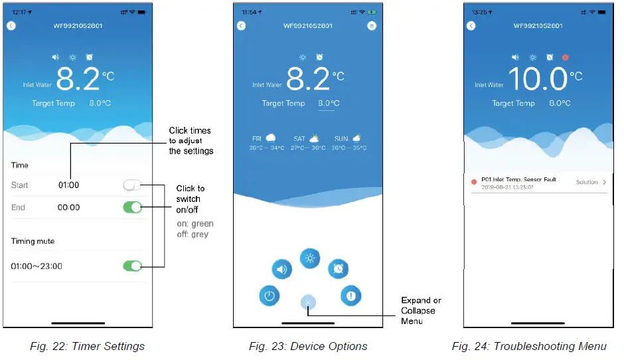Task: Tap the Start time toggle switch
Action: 133,185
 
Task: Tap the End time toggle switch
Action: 133,207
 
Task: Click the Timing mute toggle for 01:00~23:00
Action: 133,266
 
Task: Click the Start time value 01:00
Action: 68,185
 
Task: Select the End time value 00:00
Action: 68,207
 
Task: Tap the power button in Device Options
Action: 269,296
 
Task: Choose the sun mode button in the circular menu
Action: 309,258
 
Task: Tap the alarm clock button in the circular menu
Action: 339,268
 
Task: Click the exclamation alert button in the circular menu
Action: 351,295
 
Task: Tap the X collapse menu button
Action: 309,302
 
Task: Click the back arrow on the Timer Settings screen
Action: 11,26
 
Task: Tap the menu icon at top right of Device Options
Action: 372,26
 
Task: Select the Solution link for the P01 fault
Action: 590,182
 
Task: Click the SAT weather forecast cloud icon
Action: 314,138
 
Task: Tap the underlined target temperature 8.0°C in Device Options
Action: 329,104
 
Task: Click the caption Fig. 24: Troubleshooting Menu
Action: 529,346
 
